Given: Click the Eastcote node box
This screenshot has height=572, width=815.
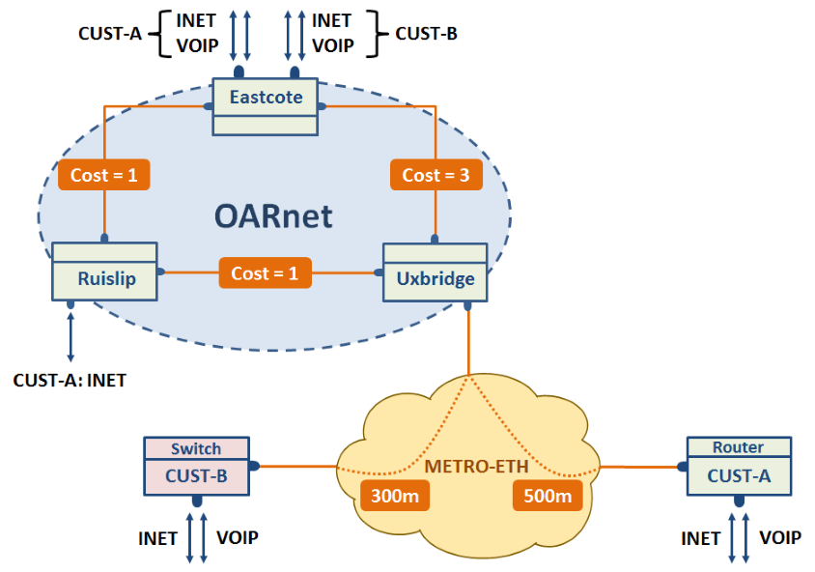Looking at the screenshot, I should point(266,106).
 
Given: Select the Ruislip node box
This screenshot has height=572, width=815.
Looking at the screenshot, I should point(104,271).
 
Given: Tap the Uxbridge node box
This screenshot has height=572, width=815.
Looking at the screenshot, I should point(436,272).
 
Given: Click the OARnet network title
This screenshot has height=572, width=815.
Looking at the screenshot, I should point(273,215).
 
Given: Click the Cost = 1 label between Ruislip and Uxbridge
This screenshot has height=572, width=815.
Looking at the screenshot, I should point(266,273).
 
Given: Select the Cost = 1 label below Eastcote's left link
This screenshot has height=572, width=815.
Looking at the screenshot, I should point(104,175).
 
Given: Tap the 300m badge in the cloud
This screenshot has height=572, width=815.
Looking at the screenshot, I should point(395,496).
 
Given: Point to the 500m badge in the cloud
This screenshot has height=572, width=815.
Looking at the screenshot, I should point(548,496).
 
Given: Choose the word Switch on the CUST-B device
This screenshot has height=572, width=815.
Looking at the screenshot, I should point(196,448).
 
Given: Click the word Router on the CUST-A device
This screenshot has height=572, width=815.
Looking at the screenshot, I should point(738,447).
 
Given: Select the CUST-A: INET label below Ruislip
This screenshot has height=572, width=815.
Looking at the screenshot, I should point(70,380).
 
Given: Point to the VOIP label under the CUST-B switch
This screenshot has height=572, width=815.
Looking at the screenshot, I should point(238,537).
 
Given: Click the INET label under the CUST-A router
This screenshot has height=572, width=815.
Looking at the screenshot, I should point(701,538).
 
